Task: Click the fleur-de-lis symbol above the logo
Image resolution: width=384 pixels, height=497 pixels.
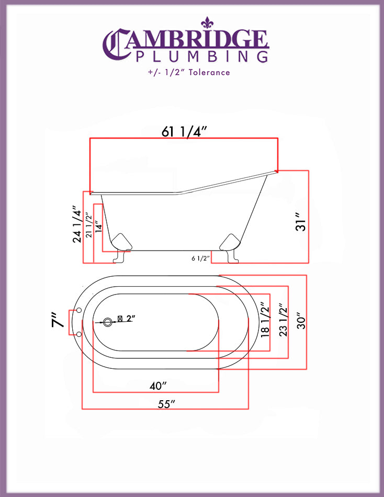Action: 207,23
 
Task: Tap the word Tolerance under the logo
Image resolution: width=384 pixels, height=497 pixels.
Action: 209,72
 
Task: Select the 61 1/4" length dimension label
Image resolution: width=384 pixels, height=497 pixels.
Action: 184,131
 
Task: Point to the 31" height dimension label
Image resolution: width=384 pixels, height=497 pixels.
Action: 301,221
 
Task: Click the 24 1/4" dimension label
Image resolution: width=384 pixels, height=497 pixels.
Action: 77,224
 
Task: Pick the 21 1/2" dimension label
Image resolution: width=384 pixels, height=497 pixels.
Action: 89,225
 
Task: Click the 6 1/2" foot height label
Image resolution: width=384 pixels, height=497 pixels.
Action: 201,258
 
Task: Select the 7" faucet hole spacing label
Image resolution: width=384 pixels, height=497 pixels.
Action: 59,320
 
